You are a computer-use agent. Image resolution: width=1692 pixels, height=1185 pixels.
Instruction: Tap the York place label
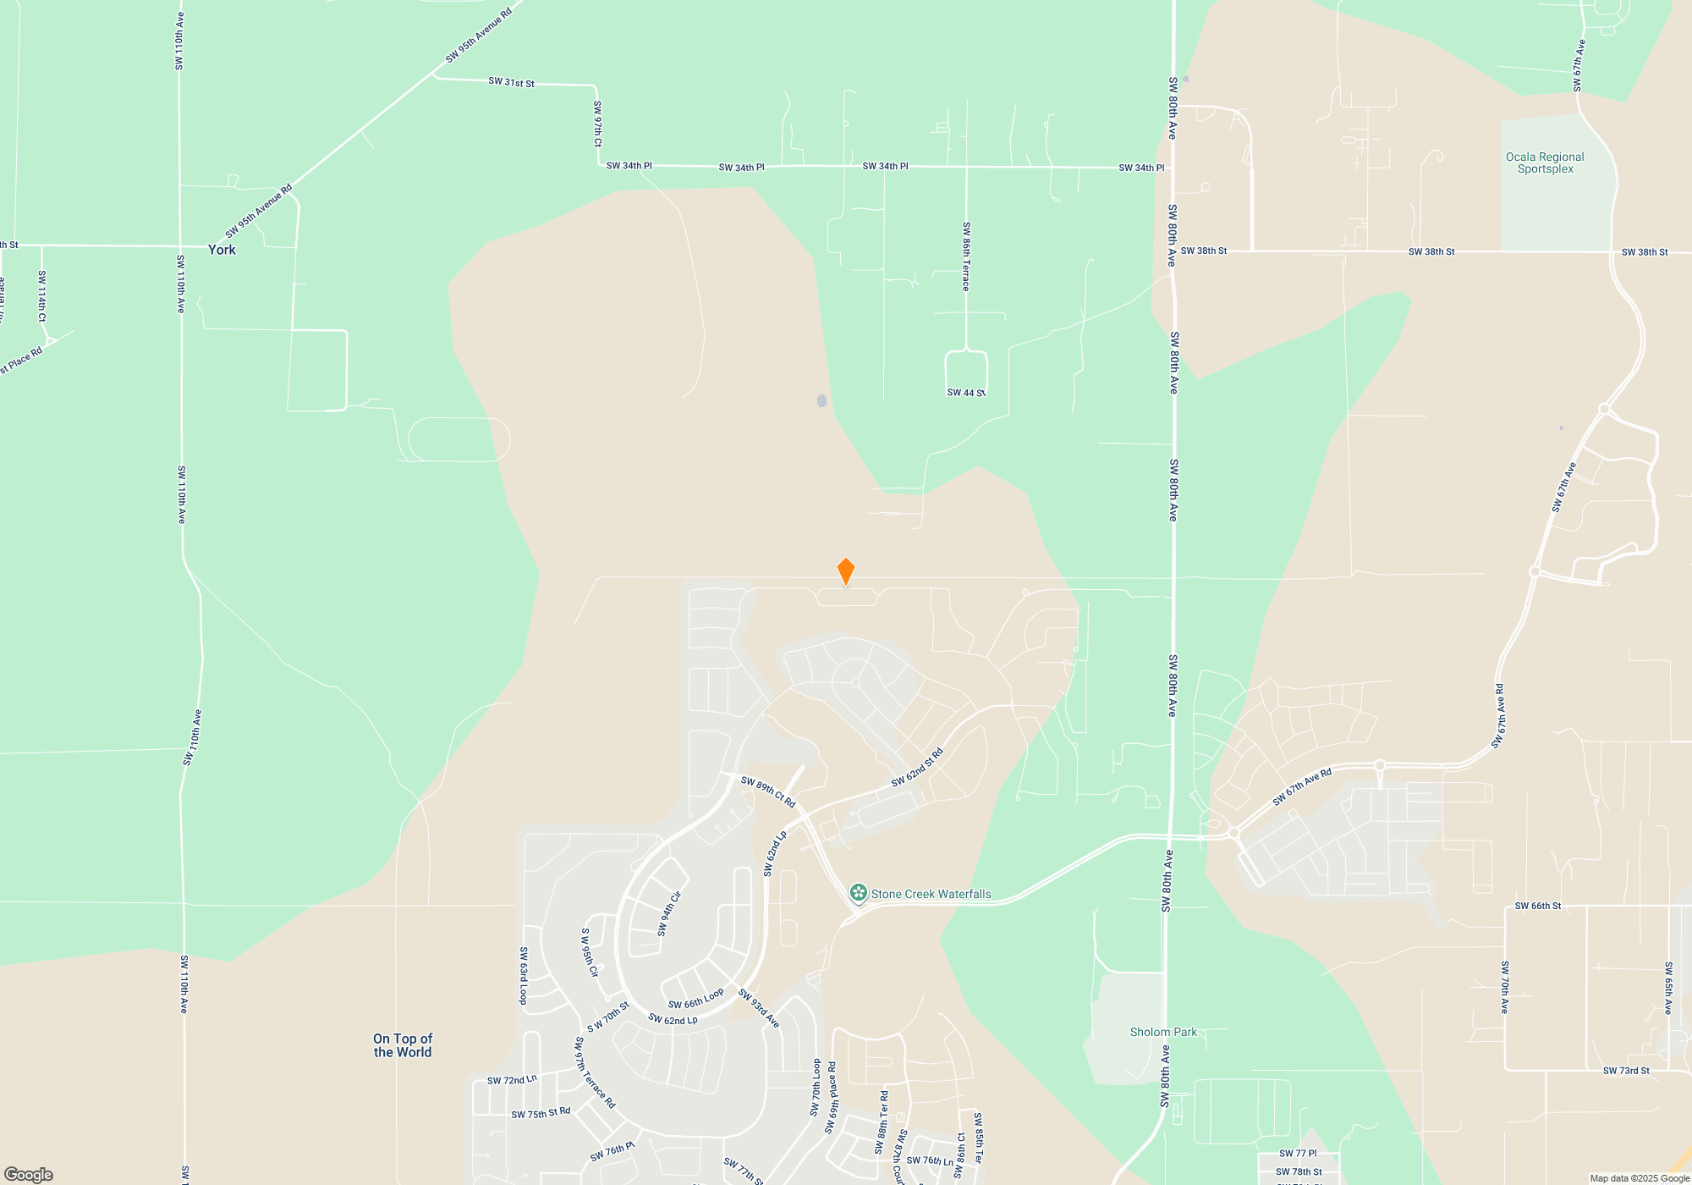point(222,250)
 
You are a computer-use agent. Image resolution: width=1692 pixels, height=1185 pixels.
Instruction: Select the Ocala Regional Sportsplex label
point(1545,163)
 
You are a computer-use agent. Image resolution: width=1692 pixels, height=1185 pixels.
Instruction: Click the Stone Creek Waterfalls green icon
point(859,892)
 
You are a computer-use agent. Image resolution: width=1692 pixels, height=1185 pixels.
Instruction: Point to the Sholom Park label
point(1163,1032)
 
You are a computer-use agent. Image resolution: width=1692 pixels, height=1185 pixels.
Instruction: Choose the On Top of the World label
point(403,1045)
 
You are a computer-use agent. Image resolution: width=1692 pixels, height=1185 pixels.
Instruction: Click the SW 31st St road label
point(511,82)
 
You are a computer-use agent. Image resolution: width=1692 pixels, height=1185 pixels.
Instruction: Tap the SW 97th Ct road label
point(597,124)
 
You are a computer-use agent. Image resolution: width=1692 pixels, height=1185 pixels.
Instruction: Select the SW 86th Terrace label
point(966,256)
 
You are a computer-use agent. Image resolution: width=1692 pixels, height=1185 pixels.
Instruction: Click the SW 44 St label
point(966,393)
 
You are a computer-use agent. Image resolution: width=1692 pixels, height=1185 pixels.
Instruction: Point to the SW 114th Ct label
point(41,295)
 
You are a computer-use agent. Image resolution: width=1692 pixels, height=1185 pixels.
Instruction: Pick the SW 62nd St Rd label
point(917,768)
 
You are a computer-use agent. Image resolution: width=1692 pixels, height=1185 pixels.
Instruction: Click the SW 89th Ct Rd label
point(768,791)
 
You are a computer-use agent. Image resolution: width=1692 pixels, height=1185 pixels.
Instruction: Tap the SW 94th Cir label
point(669,914)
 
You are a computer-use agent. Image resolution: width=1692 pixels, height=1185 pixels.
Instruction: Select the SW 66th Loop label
point(695,999)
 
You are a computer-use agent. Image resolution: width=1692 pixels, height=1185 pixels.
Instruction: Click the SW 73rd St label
point(1626,1071)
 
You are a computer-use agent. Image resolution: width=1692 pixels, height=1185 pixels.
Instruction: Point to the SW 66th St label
point(1537,906)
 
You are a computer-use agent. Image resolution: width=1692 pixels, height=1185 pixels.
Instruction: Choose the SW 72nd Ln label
point(512,1080)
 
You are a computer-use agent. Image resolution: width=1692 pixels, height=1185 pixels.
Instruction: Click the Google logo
point(29,1175)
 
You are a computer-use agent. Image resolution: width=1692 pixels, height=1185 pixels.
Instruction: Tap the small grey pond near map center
point(821,400)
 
